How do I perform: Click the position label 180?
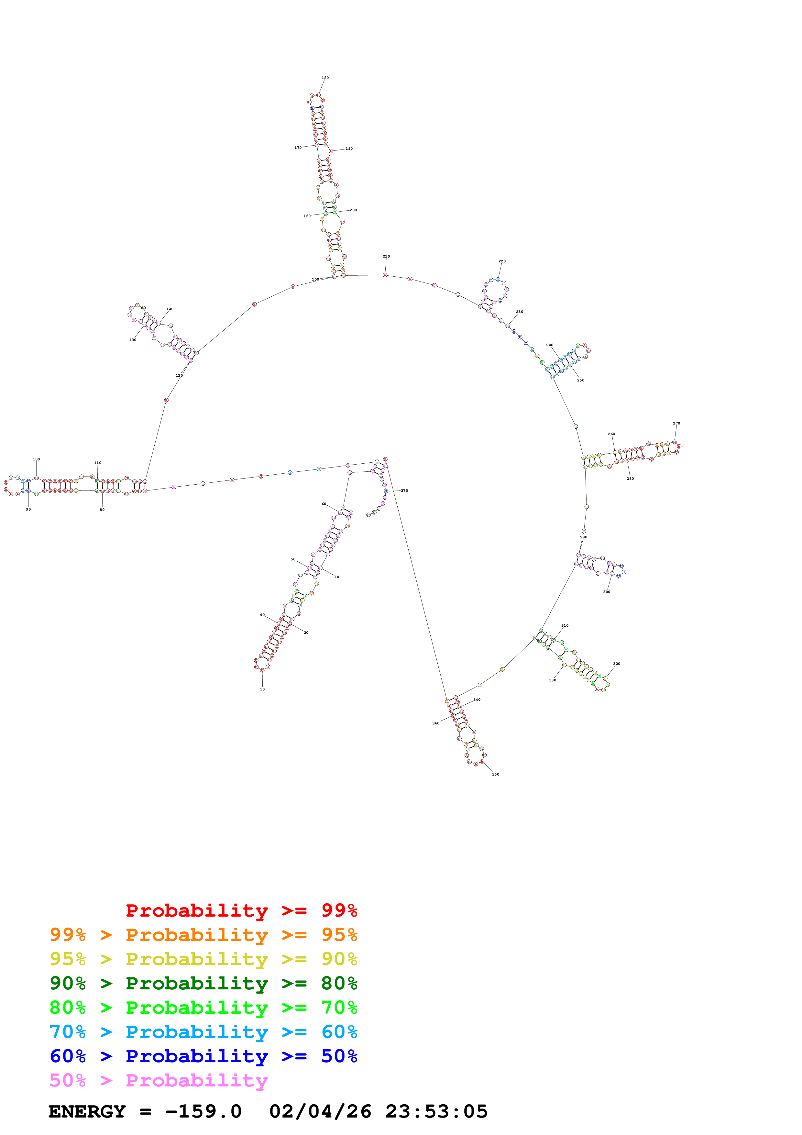(x=325, y=78)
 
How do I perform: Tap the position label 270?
(x=676, y=423)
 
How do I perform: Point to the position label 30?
(x=262, y=689)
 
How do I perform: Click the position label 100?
(x=36, y=459)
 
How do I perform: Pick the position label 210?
(x=386, y=256)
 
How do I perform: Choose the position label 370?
(x=404, y=491)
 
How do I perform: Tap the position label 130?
(x=132, y=340)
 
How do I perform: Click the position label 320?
(x=616, y=664)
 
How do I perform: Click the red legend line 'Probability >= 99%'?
(x=241, y=910)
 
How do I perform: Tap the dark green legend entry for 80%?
(x=203, y=983)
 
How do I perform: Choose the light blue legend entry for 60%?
(x=203, y=1032)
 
